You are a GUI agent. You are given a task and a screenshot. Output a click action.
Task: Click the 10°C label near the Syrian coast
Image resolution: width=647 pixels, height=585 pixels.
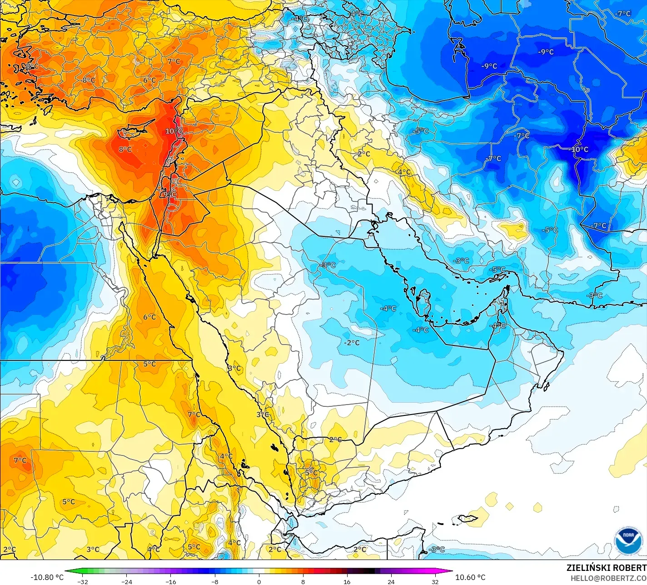174,131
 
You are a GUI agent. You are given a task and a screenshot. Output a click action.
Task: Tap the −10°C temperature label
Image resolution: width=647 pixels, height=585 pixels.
578,149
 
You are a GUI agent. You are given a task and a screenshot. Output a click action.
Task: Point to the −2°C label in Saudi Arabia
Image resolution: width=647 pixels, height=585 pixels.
352,342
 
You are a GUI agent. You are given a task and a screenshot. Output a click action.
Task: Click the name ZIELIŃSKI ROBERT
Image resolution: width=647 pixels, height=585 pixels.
606,568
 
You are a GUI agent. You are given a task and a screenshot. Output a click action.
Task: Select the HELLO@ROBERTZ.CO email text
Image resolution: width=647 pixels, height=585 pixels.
608,578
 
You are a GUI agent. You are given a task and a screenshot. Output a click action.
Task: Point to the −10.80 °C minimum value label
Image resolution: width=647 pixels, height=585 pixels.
47,577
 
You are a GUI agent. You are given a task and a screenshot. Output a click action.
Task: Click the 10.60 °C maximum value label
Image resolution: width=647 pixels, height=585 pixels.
470,577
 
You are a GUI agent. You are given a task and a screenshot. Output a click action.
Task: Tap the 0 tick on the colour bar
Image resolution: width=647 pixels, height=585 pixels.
259,582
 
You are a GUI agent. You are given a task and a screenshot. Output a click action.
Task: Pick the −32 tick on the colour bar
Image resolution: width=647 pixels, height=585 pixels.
82,582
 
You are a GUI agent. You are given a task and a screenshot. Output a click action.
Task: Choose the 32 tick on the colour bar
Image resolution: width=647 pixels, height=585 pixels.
435,582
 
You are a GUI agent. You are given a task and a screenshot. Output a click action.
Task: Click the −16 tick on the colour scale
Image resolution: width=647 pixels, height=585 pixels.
170,582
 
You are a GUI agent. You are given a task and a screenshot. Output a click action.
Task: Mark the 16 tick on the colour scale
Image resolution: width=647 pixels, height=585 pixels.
347,582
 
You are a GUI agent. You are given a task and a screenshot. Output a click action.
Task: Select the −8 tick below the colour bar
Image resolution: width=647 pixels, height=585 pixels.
215,582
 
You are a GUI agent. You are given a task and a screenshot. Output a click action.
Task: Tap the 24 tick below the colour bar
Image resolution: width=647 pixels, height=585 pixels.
391,582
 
